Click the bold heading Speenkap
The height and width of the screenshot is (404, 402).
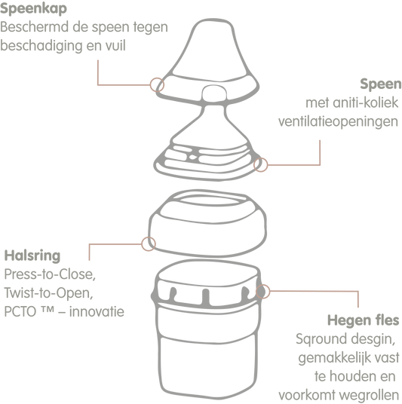pos(33,9)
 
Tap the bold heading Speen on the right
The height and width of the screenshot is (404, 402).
pos(381,84)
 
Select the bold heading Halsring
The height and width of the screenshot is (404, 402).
pos(32,256)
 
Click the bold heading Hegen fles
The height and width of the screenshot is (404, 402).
pos(363,320)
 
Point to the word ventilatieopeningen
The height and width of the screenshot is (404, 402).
pos(338,121)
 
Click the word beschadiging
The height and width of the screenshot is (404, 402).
pos(41,47)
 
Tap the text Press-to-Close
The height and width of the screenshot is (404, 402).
pos(50,274)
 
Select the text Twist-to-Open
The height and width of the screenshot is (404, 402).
pos(48,293)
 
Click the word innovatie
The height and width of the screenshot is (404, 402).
pos(97,311)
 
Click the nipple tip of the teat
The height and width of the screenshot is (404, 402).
pos(213,93)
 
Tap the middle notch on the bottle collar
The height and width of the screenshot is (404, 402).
pos(205,297)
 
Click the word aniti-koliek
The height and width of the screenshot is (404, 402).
pos(365,103)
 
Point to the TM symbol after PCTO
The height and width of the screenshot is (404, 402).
pos(48,309)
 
